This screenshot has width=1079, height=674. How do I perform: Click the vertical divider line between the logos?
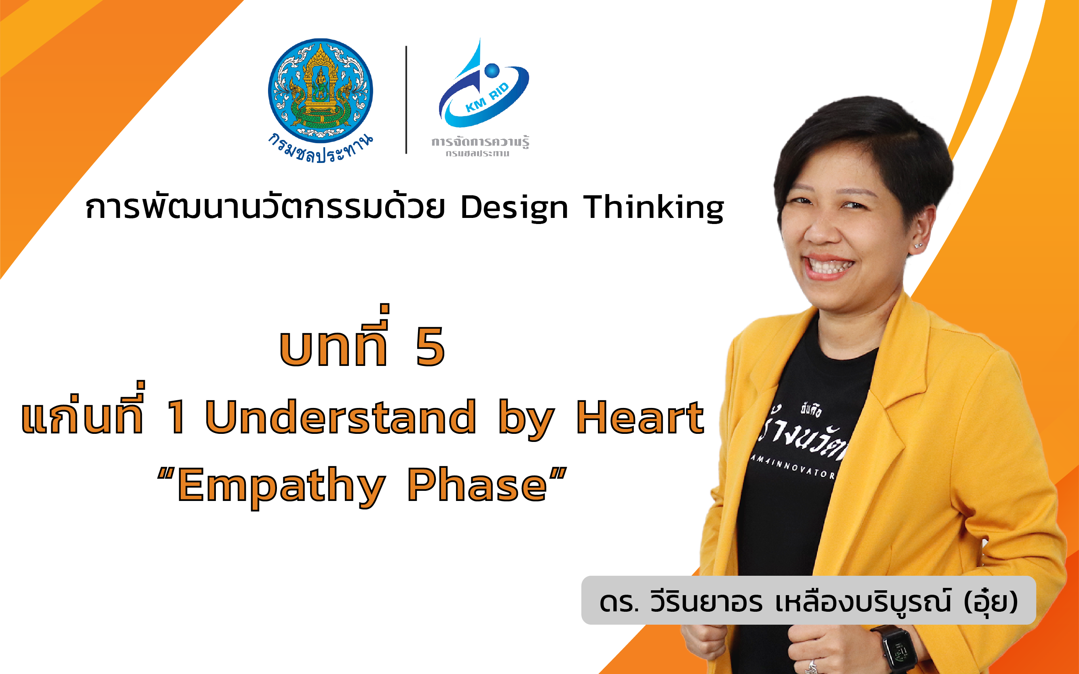(x=406, y=100)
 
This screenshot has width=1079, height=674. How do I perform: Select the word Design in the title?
(x=514, y=208)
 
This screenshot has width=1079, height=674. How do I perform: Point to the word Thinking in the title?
(x=654, y=208)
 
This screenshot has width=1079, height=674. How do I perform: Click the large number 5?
(x=430, y=347)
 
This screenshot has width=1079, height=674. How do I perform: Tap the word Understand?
(x=340, y=417)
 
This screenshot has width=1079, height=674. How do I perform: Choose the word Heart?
(x=640, y=417)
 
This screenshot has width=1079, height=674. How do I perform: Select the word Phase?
(x=477, y=485)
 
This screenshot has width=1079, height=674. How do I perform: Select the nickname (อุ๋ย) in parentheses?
(x=991, y=602)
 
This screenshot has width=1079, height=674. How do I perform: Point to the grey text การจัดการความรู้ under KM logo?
(x=480, y=142)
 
